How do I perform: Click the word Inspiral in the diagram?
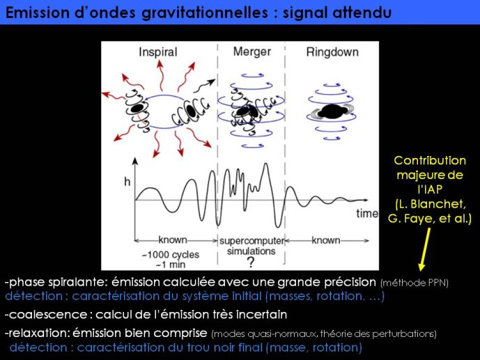coord(158,52)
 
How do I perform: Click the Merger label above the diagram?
coord(252,52)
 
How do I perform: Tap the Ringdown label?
coord(332,52)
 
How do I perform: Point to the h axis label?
coord(127,182)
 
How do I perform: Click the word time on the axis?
coord(367,213)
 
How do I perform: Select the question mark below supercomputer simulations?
coord(251,262)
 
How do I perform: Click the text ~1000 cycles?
coord(170,254)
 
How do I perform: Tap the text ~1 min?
coord(171,265)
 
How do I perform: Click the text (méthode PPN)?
coord(415,283)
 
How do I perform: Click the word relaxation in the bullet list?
coord(38,333)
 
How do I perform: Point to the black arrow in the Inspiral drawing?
coord(204,86)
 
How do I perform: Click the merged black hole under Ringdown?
coord(332,111)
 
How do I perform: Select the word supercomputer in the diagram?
coord(252,241)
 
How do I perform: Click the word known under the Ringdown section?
coord(326,240)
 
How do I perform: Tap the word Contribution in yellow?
coord(430,161)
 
